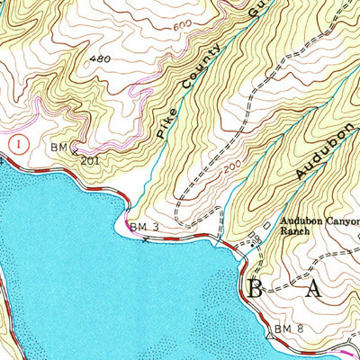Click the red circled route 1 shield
click(19, 142)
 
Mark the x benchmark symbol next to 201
click(73, 151)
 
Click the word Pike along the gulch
click(164, 125)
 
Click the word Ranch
click(294, 231)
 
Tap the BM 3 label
click(144, 226)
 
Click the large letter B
click(255, 289)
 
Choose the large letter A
click(314, 289)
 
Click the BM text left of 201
click(59, 146)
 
